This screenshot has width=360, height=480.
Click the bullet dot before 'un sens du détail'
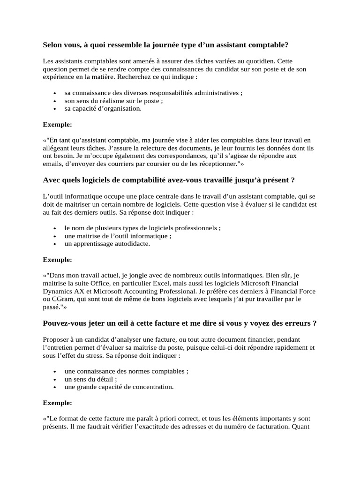point(55,380)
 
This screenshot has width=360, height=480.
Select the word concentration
point(150,387)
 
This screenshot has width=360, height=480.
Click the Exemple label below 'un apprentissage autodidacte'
point(57,259)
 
